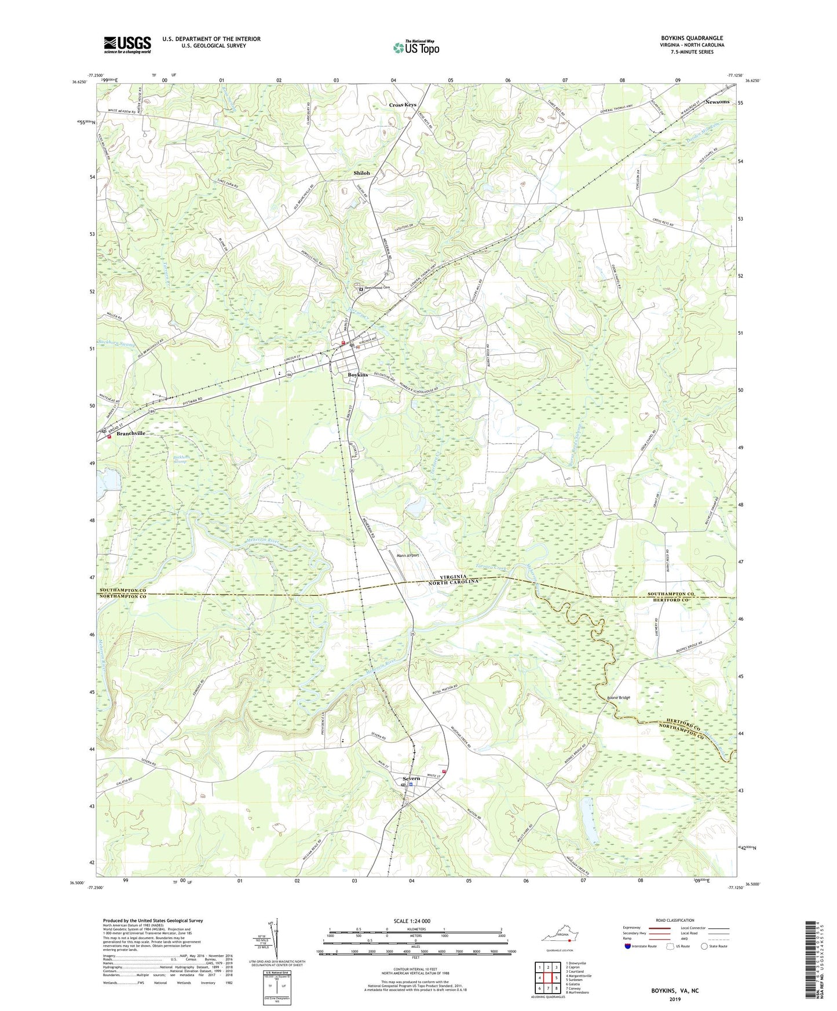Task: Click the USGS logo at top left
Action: (x=127, y=44)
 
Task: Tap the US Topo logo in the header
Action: (x=416, y=48)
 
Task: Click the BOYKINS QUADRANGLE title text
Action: (x=692, y=38)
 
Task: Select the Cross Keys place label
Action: (x=403, y=105)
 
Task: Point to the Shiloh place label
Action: (x=361, y=173)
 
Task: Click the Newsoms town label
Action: (x=717, y=102)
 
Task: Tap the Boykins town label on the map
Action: (x=357, y=375)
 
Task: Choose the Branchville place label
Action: (x=131, y=433)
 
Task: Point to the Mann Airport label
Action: (x=407, y=555)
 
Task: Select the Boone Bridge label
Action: (x=618, y=698)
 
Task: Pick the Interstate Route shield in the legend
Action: (x=628, y=946)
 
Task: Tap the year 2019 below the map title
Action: (x=675, y=999)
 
